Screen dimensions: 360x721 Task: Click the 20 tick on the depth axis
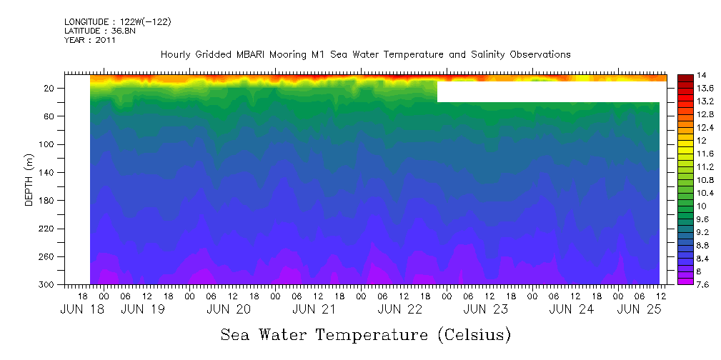pos(50,89)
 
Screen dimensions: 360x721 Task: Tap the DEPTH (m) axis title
pos(29,179)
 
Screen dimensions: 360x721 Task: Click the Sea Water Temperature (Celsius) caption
pos(366,334)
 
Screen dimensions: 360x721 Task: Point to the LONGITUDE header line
pos(117,22)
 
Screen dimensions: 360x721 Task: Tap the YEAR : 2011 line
pos(89,40)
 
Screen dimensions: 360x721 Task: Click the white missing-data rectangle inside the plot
pos(550,91)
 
